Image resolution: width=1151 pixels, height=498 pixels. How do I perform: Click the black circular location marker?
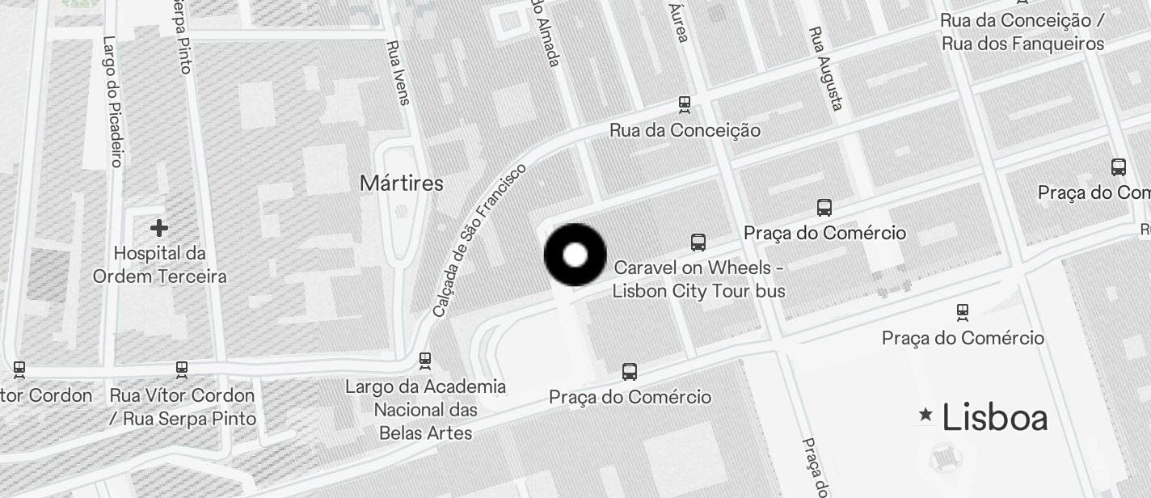click(575, 255)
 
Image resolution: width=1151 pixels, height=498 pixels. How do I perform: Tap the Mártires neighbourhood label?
click(402, 184)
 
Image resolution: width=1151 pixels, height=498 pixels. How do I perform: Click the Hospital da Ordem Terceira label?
click(159, 265)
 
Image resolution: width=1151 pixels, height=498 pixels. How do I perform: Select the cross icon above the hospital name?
click(159, 228)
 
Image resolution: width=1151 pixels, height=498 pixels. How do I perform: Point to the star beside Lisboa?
click(925, 416)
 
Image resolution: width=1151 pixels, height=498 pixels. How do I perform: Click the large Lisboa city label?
click(994, 418)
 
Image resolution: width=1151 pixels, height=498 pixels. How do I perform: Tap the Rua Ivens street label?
click(398, 73)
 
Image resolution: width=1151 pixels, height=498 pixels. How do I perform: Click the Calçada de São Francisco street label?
click(479, 240)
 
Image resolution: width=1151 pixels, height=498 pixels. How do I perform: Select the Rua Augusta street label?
click(826, 69)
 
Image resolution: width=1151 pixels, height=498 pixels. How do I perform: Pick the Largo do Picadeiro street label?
click(112, 101)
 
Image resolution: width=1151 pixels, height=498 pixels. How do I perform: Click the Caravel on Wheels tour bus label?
click(698, 279)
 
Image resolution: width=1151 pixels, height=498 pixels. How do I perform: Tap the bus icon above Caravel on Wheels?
click(698, 243)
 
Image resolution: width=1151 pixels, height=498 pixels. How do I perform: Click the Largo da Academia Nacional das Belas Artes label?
click(425, 410)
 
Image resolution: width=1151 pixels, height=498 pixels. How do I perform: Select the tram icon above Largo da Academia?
click(425, 360)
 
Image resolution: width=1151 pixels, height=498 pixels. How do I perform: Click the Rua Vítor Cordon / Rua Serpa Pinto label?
click(182, 407)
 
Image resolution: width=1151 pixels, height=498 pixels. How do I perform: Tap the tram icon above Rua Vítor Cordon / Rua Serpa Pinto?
click(182, 369)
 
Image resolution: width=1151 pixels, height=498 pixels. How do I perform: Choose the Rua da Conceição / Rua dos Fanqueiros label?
click(1022, 32)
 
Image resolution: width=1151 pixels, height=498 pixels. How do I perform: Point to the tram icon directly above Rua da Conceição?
click(685, 103)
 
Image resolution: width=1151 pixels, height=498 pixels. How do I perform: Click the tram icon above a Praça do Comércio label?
click(962, 311)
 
